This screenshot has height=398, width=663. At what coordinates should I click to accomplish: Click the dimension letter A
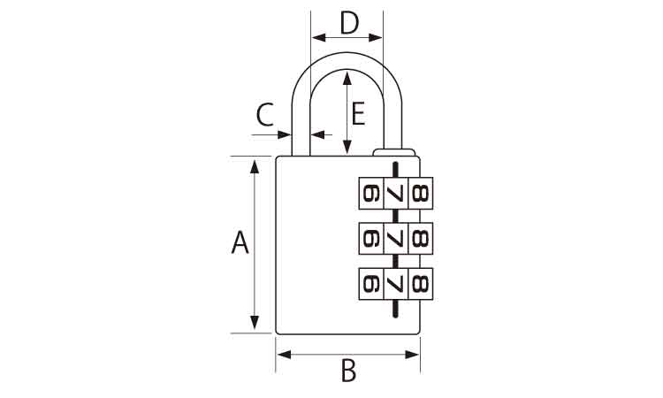click(x=240, y=242)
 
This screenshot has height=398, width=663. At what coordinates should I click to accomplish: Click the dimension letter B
click(x=348, y=370)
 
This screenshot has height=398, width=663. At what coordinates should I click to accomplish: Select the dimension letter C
click(x=265, y=115)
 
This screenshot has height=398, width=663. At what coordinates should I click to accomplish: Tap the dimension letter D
click(x=349, y=23)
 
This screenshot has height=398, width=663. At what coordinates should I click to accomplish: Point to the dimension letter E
click(x=358, y=114)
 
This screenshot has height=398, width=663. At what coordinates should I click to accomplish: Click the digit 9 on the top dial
click(x=371, y=194)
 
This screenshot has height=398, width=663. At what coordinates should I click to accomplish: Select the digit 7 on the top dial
click(x=395, y=194)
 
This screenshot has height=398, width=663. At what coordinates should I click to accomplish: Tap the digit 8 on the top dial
click(x=420, y=194)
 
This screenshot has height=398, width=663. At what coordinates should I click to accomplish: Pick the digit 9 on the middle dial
click(x=371, y=239)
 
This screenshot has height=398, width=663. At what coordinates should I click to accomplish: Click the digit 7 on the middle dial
click(x=395, y=239)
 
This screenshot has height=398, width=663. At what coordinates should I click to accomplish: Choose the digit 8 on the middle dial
click(x=420, y=239)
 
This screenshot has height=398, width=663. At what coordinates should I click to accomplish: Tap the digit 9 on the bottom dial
click(x=371, y=284)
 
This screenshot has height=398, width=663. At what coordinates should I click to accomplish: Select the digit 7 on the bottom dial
click(x=395, y=284)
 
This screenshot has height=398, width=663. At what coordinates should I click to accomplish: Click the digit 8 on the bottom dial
click(x=420, y=284)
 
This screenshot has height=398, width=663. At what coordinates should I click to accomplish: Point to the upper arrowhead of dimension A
click(x=254, y=167)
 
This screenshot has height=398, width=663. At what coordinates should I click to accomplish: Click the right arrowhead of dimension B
click(x=412, y=355)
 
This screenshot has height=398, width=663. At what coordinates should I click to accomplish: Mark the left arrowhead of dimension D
click(x=319, y=38)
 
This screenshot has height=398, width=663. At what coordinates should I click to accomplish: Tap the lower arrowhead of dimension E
click(x=347, y=147)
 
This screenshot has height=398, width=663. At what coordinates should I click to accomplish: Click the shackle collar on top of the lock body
click(x=394, y=152)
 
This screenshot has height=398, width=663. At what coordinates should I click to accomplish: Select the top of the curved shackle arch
click(x=347, y=61)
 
